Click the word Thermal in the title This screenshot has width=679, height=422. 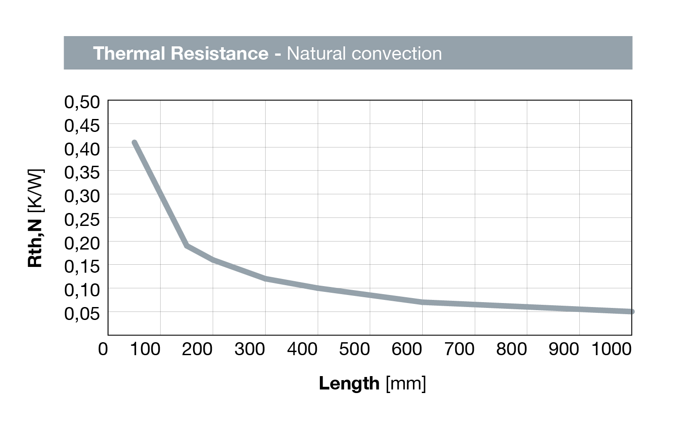tap(129, 53)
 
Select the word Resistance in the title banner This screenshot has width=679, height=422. tap(219, 53)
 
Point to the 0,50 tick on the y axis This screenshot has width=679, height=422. tap(82, 102)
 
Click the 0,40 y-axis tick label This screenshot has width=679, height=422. tap(82, 149)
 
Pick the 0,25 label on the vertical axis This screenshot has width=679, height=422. tap(82, 220)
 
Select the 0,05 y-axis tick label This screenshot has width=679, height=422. tap(82, 314)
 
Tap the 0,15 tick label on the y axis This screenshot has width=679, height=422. tap(82, 266)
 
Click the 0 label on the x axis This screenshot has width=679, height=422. tap(103, 349)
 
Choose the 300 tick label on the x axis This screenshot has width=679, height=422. tap(250, 349)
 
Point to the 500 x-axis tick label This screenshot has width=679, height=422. tap(355, 349)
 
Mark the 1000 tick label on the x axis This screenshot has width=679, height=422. tap(611, 349)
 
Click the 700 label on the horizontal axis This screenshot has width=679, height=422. tap(459, 349)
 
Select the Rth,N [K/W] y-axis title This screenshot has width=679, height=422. tap(36, 218)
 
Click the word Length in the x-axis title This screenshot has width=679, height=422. tap(349, 383)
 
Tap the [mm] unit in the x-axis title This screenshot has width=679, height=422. tap(406, 383)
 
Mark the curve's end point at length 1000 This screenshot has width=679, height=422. tap(631, 311)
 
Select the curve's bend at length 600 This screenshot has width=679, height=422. tap(422, 302)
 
